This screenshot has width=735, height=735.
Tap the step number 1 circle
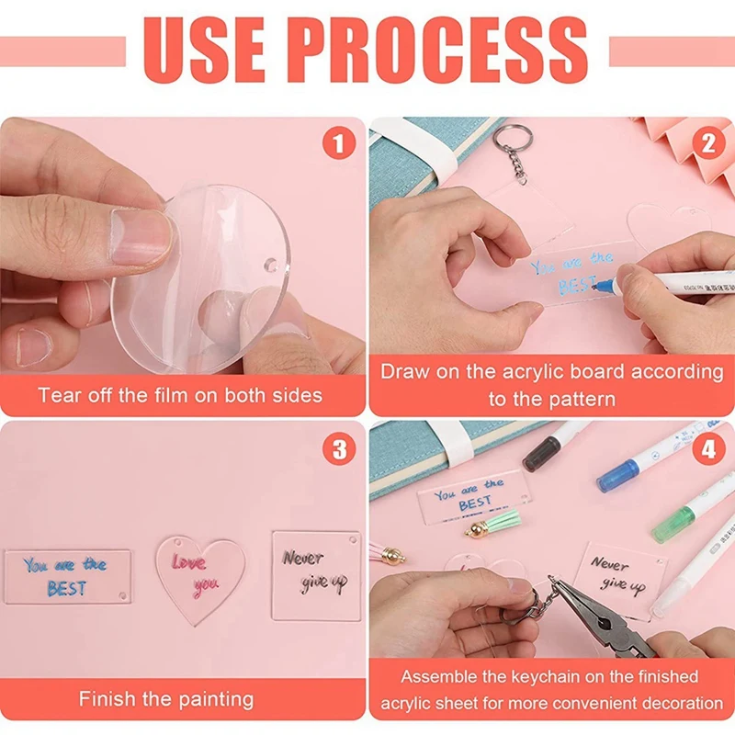[x=338, y=144]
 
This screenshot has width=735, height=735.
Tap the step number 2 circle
[x=707, y=144]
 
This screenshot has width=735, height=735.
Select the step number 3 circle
[x=338, y=448]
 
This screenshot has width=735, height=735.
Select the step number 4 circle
[x=707, y=448]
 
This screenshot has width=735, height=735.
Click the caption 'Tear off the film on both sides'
[x=180, y=396]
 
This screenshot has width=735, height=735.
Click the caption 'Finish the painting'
[x=166, y=699]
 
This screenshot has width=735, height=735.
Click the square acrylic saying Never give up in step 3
[x=315, y=574]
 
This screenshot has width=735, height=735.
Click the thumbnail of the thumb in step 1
[x=140, y=237]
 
